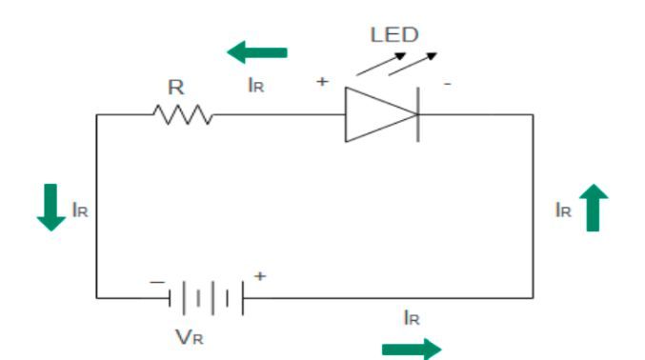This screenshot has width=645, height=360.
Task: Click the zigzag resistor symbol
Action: pos(182,115)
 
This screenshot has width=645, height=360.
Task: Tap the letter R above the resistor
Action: pos(178,88)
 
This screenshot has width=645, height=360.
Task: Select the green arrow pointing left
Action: pos(256,51)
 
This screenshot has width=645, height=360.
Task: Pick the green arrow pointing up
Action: pos(594,209)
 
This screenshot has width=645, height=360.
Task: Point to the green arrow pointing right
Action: pos(412,350)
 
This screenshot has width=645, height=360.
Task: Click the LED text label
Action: pos(394,35)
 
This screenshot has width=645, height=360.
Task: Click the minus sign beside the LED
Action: pos(447,84)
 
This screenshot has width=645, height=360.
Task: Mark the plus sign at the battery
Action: pos(258,275)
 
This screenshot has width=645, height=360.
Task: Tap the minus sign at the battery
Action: pos(156,282)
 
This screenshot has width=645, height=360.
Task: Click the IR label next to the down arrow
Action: pos(80,210)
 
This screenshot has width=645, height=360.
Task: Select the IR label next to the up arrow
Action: pos(564,210)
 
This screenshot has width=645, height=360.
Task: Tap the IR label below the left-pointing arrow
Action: pos(255,86)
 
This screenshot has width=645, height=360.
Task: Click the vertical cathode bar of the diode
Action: pos(417,115)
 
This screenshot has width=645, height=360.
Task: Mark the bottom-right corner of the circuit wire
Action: pos(533,298)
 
